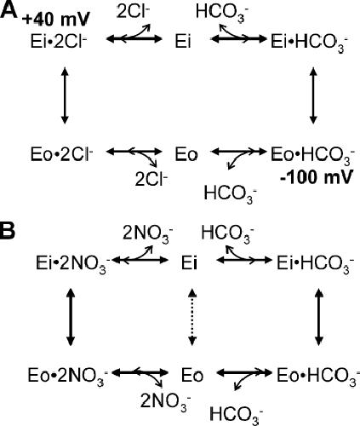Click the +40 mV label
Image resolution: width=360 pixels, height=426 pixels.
point(56,20)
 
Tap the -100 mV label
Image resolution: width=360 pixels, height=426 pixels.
point(317,176)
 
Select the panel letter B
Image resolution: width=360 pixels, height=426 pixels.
point(8,231)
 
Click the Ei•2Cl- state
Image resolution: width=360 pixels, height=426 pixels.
point(59,42)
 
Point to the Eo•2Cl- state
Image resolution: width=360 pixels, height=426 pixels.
point(61,154)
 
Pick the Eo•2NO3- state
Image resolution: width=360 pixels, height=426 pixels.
point(67,377)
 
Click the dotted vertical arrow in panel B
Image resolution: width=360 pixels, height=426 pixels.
point(192,317)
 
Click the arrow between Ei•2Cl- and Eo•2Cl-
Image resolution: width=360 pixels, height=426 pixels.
point(65,95)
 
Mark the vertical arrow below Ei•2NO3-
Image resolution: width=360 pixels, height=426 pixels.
point(71,317)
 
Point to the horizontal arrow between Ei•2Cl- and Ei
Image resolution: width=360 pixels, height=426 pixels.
point(134,39)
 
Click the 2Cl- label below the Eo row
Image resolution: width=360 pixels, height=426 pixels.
point(151,179)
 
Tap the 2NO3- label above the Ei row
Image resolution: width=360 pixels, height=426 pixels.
point(147,235)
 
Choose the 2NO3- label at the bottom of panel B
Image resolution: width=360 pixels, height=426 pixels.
point(165,404)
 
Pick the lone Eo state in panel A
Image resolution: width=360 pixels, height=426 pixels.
point(186,155)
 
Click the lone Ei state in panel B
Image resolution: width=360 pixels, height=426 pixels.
point(189,264)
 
